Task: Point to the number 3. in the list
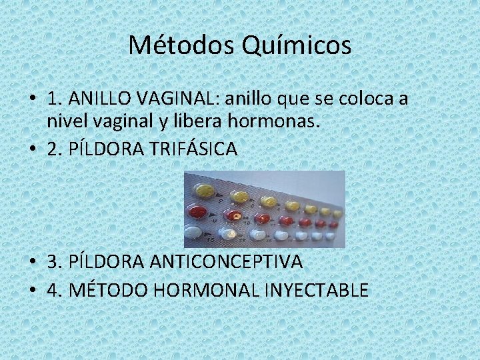[x=54, y=262]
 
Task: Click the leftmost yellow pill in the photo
[x=204, y=191]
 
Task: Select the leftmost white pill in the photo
[x=193, y=233]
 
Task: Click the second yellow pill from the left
[x=239, y=197]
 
